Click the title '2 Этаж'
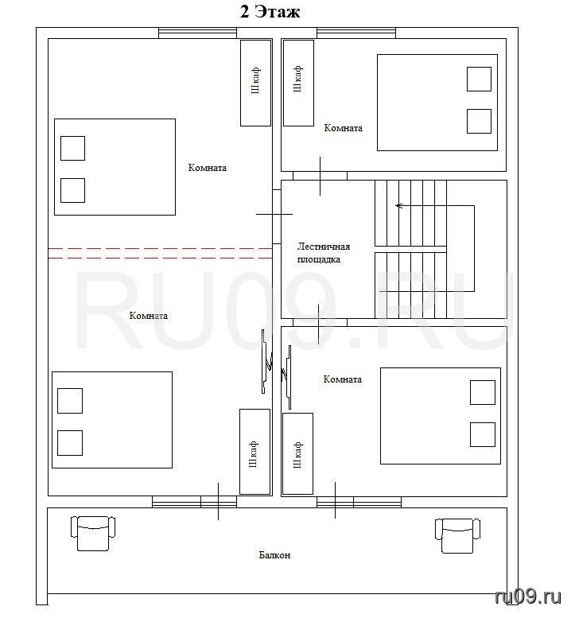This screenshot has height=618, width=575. click(270, 12)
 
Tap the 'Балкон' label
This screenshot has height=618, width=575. click(274, 555)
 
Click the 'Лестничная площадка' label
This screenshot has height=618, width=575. click(323, 253)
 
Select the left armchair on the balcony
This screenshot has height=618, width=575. click(93, 533)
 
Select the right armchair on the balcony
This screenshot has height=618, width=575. click(457, 535)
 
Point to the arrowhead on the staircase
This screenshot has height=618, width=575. click(398, 205)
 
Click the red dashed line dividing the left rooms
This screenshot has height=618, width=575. click(160, 253)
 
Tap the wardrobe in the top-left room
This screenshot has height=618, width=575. click(255, 83)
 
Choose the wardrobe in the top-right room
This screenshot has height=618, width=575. click(298, 83)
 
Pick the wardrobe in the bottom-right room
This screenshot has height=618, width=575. click(298, 453)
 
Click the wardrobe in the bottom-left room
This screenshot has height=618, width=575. click(254, 451)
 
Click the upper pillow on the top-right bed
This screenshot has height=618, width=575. click(479, 79)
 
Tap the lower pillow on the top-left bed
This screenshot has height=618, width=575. click(72, 190)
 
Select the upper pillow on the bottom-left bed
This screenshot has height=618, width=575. click(70, 400)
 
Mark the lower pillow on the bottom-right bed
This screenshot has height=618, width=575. click(483, 434)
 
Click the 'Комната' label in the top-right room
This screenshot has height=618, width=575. click(343, 128)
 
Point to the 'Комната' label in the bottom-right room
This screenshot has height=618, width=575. click(342, 379)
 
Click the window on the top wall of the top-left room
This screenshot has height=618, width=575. click(197, 33)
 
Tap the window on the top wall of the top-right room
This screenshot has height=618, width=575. click(356, 33)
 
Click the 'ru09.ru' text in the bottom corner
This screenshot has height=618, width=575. click(528, 597)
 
